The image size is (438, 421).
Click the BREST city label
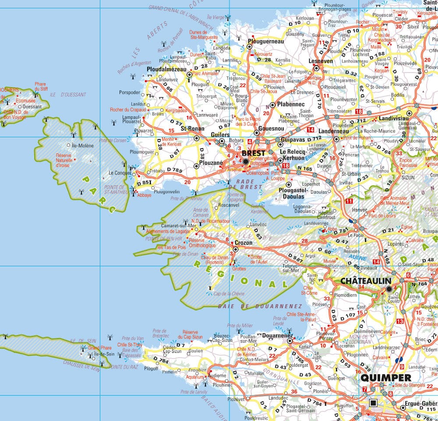254,153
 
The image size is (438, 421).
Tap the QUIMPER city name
386,378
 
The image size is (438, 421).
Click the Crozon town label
244,243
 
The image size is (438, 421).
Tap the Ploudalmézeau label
167,69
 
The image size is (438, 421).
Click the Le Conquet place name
117,173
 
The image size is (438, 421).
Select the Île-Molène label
83,146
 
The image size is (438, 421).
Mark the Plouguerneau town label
266,42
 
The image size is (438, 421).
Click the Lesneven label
321,62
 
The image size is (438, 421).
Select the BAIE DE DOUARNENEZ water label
260,306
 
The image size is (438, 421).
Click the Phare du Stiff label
40,86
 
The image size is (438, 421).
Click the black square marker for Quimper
373,403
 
